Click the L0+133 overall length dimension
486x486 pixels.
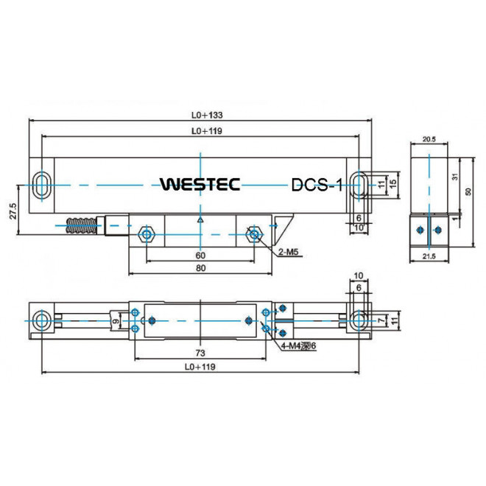(x=206, y=115)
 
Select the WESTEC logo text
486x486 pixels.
(x=200, y=184)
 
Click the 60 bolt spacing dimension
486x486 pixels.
(x=200, y=255)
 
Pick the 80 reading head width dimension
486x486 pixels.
(x=200, y=269)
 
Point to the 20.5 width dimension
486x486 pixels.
(x=429, y=138)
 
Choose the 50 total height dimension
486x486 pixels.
(x=469, y=191)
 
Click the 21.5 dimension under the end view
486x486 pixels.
(x=429, y=255)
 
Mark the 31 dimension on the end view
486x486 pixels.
(x=457, y=177)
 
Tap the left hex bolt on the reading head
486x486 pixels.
(x=147, y=235)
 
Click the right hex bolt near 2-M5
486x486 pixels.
(x=255, y=235)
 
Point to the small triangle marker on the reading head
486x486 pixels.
(x=200, y=219)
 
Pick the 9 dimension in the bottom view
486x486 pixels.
(x=115, y=321)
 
